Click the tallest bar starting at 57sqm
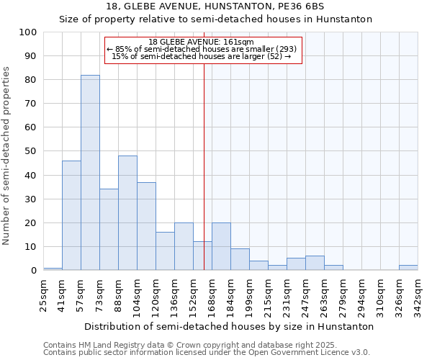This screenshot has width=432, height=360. point(90,173)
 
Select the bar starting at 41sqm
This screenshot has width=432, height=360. point(71,215)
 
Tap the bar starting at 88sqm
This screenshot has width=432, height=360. point(127,213)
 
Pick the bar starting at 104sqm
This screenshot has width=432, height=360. point(146,226)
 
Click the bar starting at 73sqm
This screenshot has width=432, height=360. point(109,230)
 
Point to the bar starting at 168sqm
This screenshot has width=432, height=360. point(221,246)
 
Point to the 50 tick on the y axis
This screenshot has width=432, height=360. point(31,151)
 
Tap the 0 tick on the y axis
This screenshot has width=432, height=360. point(34,270)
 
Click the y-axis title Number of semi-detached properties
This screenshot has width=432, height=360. point(6,156)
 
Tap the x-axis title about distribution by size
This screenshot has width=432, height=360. point(229,326)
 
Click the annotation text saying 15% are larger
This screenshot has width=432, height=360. point(201,56)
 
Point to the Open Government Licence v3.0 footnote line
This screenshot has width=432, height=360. point(207,352)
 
